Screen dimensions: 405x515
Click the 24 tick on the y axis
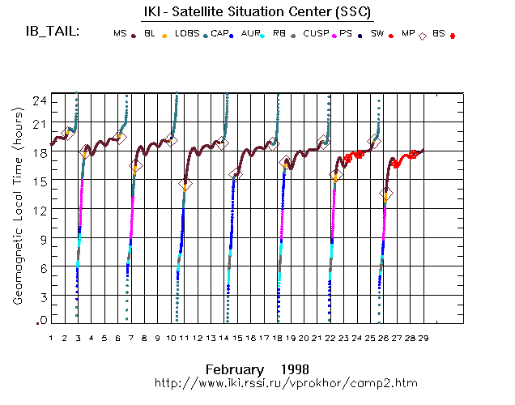point(39,100)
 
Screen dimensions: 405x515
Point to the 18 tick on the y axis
point(39,151)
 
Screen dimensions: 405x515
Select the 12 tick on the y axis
point(39,210)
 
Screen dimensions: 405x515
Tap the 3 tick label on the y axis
point(41,296)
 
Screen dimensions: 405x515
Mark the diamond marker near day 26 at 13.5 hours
point(386,194)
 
